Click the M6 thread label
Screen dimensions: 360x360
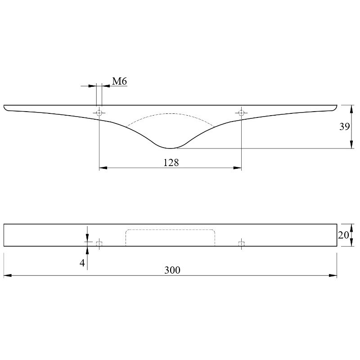119,81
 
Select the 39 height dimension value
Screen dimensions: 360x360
344,126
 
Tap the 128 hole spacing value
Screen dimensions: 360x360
171,162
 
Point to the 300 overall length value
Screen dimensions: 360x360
172,270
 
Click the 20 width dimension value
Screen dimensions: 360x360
343,235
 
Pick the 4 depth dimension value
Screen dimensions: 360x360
82,263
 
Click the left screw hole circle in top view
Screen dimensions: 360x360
99,113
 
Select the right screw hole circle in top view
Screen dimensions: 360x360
241,113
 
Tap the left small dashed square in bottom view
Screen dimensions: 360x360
99,244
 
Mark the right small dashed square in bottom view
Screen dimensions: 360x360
241,244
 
